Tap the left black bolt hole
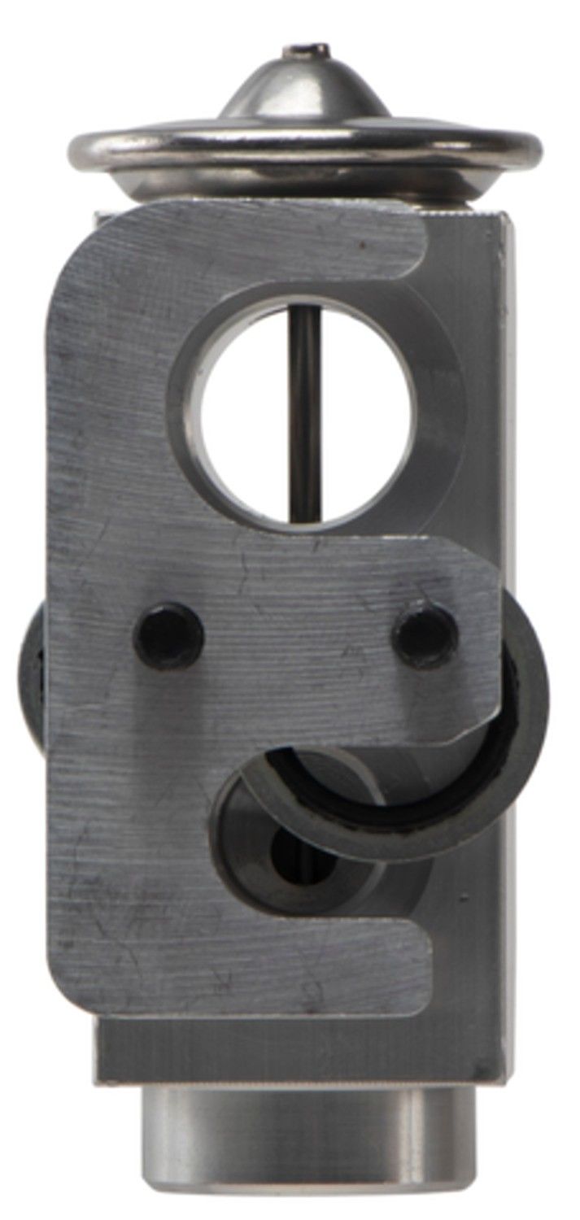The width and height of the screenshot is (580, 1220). (x=168, y=634)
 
